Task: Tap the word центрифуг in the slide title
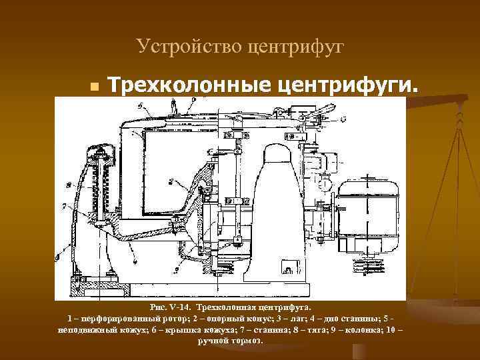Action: point(295,46)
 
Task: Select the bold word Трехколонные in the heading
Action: point(188,85)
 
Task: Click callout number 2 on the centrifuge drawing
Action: point(171,181)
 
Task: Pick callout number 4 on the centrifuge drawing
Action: point(133,247)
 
